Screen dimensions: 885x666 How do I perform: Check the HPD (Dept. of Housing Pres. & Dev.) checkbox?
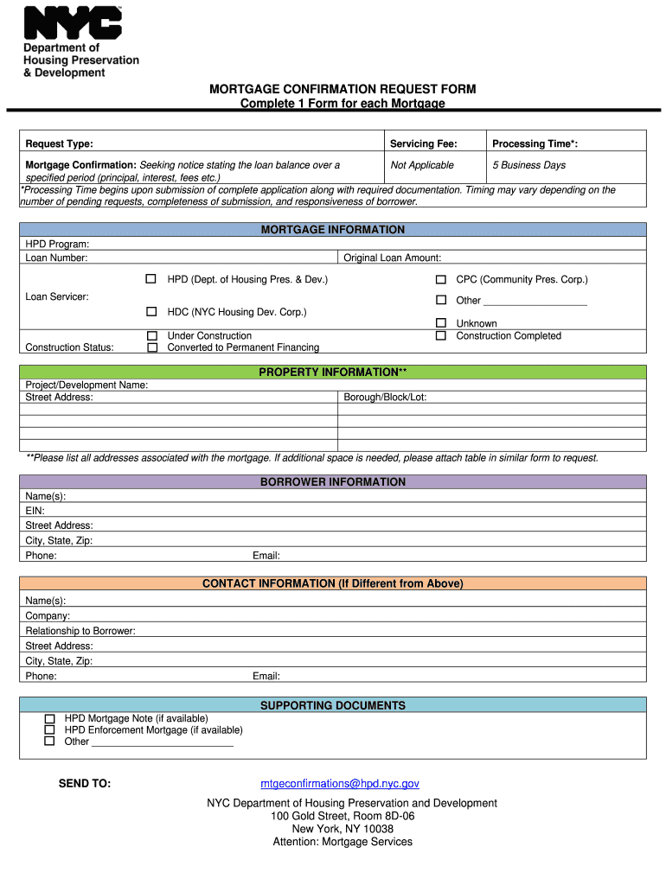[150, 279]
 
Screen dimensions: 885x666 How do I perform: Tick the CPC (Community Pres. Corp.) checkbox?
[440, 279]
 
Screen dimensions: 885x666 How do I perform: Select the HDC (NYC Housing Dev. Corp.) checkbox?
[150, 311]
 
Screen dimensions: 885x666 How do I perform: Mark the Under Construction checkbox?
[152, 335]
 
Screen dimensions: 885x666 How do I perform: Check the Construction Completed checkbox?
[440, 335]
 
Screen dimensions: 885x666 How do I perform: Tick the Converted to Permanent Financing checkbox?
[152, 347]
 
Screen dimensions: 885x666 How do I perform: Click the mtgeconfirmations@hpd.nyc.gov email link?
[340, 784]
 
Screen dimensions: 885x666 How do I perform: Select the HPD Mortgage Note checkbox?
[49, 718]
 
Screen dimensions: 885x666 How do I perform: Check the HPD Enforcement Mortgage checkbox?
[49, 729]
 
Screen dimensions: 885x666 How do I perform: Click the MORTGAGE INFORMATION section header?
[333, 230]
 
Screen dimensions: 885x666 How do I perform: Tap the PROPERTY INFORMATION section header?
[333, 372]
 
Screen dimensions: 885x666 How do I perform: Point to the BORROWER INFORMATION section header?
[333, 482]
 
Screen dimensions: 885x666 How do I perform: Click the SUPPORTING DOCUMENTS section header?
[333, 706]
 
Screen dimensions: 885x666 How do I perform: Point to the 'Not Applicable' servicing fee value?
[422, 165]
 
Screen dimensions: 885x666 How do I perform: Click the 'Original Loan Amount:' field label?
[392, 258]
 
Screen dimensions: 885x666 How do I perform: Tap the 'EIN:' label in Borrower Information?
[35, 511]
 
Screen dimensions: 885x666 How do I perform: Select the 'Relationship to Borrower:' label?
[80, 631]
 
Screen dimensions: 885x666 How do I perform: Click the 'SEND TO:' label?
[85, 784]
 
